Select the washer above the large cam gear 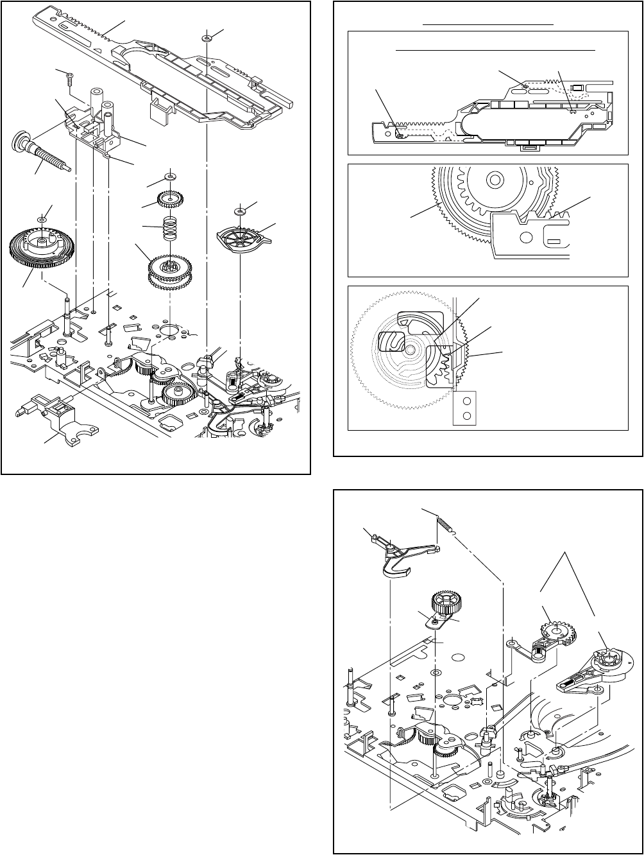point(42,220)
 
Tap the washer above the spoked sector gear point(241,210)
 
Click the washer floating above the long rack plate point(207,39)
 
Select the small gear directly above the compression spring point(170,200)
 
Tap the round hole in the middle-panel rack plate point(525,237)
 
